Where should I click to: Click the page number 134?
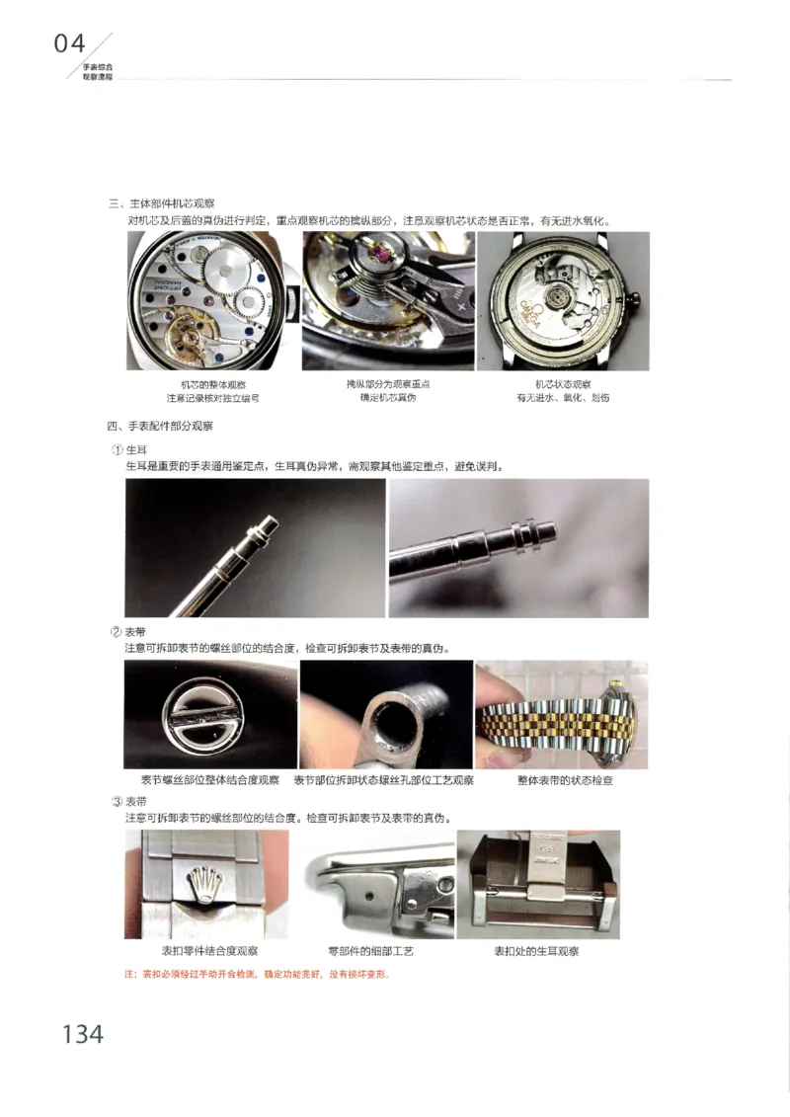coord(83,1034)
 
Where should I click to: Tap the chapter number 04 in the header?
coord(70,42)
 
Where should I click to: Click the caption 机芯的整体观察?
coord(212,384)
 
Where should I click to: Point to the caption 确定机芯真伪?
coord(388,397)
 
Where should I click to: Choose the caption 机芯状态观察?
coord(563,384)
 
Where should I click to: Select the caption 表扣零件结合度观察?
coord(209,951)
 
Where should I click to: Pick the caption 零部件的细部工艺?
coord(370,951)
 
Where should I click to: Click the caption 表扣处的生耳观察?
coord(536,951)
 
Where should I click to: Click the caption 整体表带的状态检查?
coord(565,780)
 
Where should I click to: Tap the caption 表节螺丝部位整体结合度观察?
coord(210,780)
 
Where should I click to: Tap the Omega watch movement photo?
coord(563,301)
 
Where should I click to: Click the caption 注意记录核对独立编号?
coord(212,398)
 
